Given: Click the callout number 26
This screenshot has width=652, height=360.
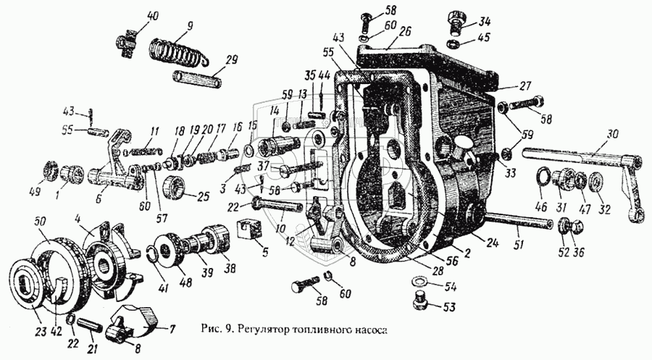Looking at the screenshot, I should click(x=404, y=31).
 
